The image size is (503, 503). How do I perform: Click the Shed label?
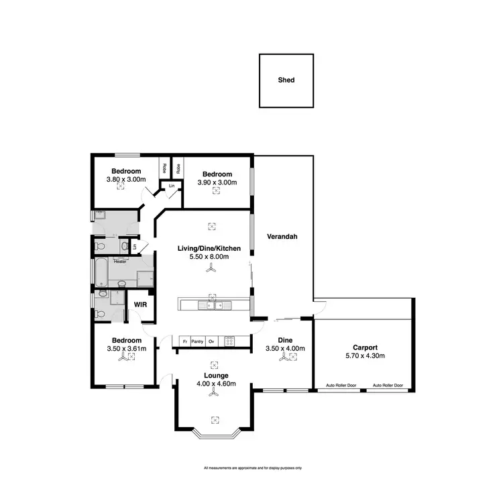[x=286, y=80]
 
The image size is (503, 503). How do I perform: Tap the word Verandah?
[x=282, y=237]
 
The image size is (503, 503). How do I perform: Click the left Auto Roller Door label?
[x=341, y=386]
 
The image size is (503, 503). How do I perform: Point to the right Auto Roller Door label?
[x=388, y=386]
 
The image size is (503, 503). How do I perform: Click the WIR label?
[x=140, y=304]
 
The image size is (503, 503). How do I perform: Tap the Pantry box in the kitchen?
[x=197, y=341]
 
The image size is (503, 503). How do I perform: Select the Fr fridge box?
[x=184, y=341]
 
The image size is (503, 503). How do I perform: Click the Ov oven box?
[x=211, y=341]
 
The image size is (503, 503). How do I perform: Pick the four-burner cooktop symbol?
[x=229, y=341]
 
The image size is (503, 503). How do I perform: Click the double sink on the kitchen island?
[x=213, y=306]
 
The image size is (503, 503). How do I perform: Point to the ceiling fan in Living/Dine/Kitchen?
[x=213, y=267]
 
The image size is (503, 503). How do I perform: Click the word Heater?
[x=120, y=262]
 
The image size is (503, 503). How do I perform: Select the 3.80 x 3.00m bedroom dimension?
[x=126, y=180]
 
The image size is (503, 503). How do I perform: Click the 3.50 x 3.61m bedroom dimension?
[x=126, y=349]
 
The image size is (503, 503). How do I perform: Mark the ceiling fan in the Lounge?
[x=215, y=397]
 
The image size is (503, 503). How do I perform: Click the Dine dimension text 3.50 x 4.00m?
[x=286, y=349]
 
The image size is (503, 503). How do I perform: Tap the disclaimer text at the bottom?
[x=252, y=467]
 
